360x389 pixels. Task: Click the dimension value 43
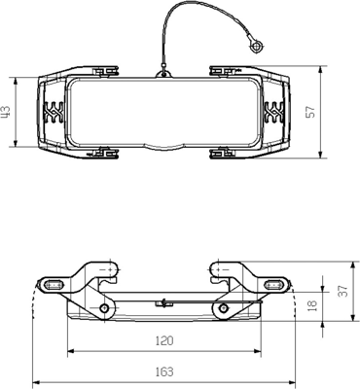(x=7, y=113)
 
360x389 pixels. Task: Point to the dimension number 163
(x=163, y=371)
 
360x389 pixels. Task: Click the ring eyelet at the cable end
(x=256, y=45)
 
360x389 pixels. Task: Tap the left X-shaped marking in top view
(x=54, y=112)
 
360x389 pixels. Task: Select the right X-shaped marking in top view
(x=273, y=112)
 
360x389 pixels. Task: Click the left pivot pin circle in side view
(x=101, y=309)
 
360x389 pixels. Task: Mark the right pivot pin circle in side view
(x=226, y=309)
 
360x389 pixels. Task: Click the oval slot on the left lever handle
(x=52, y=284)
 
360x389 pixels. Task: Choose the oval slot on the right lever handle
(x=275, y=284)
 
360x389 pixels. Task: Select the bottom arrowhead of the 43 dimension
(x=17, y=145)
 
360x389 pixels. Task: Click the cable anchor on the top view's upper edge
(x=162, y=70)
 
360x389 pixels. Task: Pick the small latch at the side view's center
(x=163, y=302)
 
